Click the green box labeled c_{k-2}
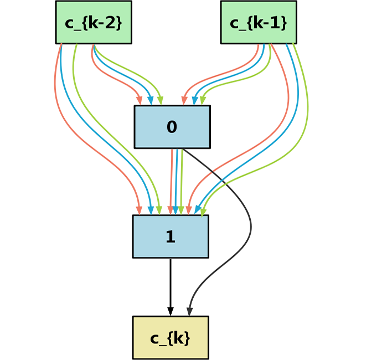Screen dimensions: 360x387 click(94, 22)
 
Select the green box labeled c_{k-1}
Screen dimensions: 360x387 click(259, 22)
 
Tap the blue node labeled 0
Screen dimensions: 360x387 click(172, 127)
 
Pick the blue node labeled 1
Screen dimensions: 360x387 click(171, 236)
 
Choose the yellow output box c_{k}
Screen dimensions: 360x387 click(171, 337)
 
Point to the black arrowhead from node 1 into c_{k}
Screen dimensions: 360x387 click(171, 311)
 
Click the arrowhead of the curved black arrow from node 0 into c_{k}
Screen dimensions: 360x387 click(190, 311)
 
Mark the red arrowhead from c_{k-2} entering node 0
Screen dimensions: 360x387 click(140, 100)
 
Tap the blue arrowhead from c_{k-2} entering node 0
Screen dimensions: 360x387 click(150, 100)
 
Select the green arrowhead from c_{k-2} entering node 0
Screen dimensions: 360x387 click(161, 100)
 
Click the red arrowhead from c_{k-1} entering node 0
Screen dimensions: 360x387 click(184, 100)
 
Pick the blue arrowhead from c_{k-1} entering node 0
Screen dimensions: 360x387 click(195, 100)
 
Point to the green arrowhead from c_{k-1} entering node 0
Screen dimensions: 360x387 click(203, 100)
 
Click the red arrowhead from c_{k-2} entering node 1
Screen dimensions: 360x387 click(139, 210)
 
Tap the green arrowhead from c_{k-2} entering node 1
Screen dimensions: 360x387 click(159, 210)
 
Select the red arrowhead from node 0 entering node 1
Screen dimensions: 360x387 click(171, 210)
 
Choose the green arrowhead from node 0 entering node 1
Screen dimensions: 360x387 click(181, 210)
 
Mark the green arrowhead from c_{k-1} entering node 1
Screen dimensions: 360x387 click(203, 211)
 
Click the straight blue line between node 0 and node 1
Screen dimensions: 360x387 click(177, 177)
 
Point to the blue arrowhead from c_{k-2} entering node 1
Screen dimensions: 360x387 click(150, 210)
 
